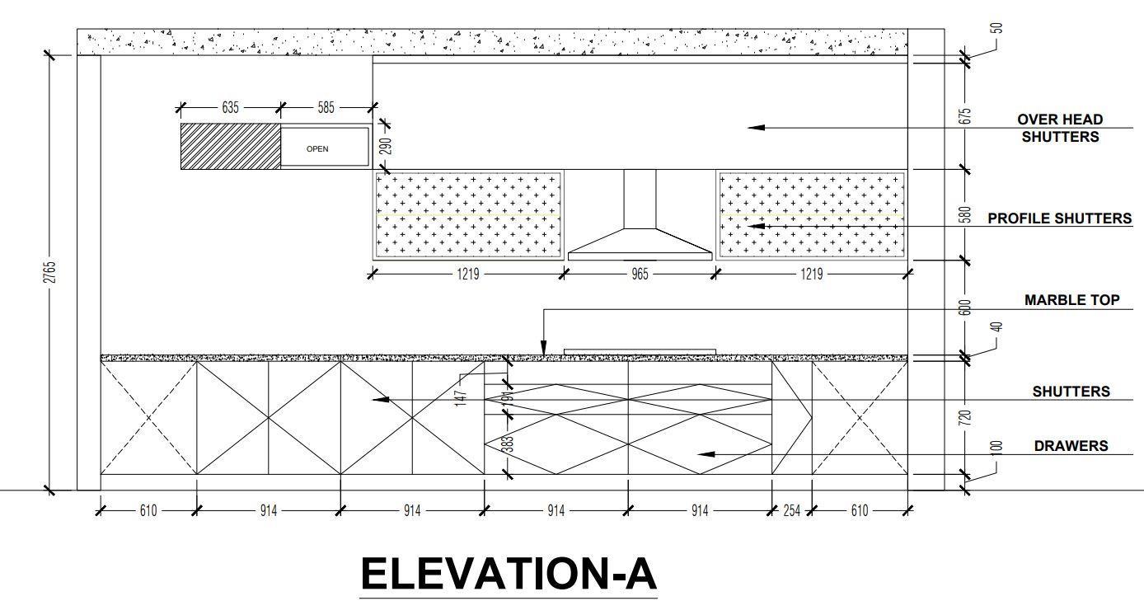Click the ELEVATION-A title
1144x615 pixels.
[509, 574]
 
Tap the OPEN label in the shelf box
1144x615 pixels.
[317, 149]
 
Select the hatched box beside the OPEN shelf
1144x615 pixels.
[231, 146]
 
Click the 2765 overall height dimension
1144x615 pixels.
[49, 272]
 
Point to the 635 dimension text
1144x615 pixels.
[230, 108]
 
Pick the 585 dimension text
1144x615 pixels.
[326, 108]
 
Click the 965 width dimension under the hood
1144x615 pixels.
[640, 275]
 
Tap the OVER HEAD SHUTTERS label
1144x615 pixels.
[1060, 129]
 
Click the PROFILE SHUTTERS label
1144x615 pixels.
[1060, 218]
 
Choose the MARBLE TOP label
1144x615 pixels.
[1071, 300]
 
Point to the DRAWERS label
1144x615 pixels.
[1071, 446]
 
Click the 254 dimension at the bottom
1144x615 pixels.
[791, 511]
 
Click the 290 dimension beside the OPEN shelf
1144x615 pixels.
[386, 147]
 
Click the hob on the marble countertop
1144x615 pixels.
[640, 352]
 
